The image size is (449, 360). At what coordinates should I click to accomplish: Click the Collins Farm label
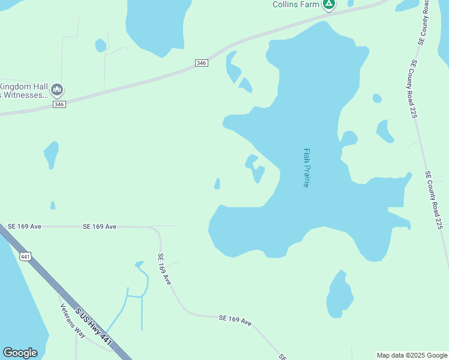(295, 4)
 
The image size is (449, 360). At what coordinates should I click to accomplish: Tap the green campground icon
(328, 4)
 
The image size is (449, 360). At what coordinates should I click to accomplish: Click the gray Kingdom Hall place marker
(57, 90)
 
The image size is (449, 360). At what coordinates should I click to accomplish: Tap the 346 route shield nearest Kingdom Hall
(59, 104)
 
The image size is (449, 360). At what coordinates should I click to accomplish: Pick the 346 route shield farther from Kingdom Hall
(202, 63)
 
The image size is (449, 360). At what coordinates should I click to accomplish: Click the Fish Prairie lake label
(306, 168)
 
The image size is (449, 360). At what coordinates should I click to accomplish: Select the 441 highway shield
(25, 257)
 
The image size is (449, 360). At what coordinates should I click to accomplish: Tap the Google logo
(20, 353)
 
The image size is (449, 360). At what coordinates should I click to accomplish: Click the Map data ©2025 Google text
(412, 355)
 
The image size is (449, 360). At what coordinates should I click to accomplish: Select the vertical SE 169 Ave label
(165, 269)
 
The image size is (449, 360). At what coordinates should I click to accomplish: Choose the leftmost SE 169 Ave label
(24, 226)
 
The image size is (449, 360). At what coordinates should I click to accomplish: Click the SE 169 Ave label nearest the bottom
(235, 320)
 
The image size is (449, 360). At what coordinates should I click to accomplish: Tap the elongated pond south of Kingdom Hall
(52, 154)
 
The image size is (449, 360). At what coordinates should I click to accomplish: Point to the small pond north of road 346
(100, 46)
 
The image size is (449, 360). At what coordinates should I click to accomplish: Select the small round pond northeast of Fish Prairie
(377, 98)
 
